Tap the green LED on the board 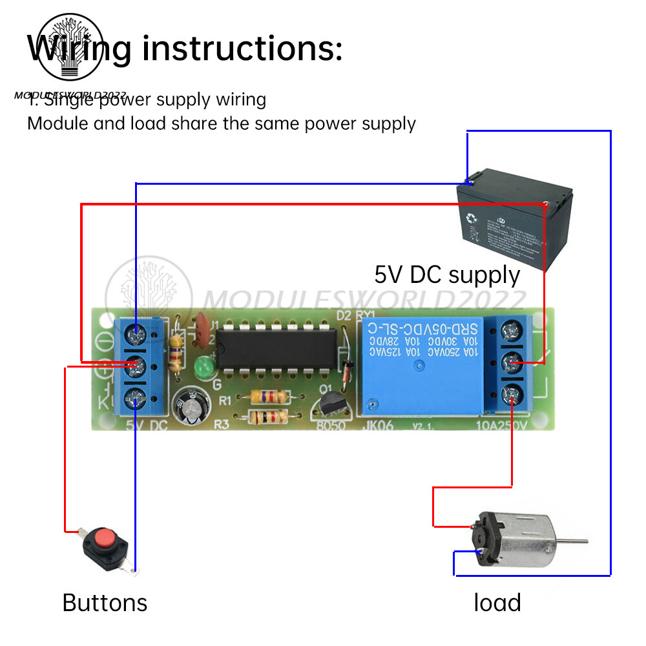(x=201, y=369)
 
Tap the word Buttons (x=105, y=603)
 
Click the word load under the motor (x=497, y=603)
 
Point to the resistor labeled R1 (x=266, y=396)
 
